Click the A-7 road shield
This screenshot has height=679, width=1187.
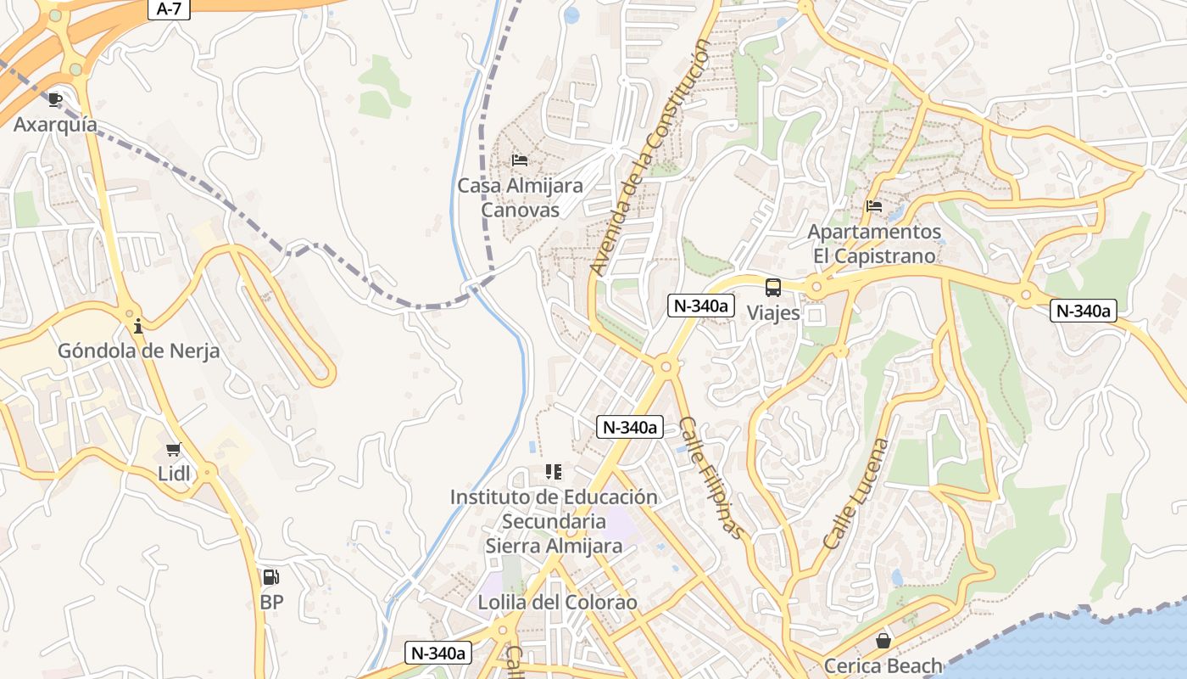[169, 9]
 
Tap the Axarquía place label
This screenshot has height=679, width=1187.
[55, 125]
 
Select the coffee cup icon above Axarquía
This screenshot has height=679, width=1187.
[55, 100]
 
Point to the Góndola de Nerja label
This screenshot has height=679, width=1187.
[138, 351]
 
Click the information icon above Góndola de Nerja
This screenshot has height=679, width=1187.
[138, 326]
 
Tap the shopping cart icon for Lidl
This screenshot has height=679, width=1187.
[174, 449]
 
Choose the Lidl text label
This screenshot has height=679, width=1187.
[175, 474]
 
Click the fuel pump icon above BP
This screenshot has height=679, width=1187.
[270, 577]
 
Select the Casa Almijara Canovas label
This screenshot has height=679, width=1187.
[520, 197]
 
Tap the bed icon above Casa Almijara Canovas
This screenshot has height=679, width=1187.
[520, 160]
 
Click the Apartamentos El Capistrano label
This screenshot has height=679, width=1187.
[874, 244]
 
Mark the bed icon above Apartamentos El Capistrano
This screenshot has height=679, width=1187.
[874, 205]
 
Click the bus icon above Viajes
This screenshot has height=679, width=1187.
[773, 288]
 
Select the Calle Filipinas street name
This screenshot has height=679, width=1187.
[711, 478]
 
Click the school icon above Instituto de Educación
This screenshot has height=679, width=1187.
[554, 471]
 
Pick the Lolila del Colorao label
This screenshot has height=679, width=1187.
[557, 603]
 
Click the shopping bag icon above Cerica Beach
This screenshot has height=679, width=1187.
[883, 641]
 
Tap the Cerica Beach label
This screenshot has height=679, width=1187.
[883, 666]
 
